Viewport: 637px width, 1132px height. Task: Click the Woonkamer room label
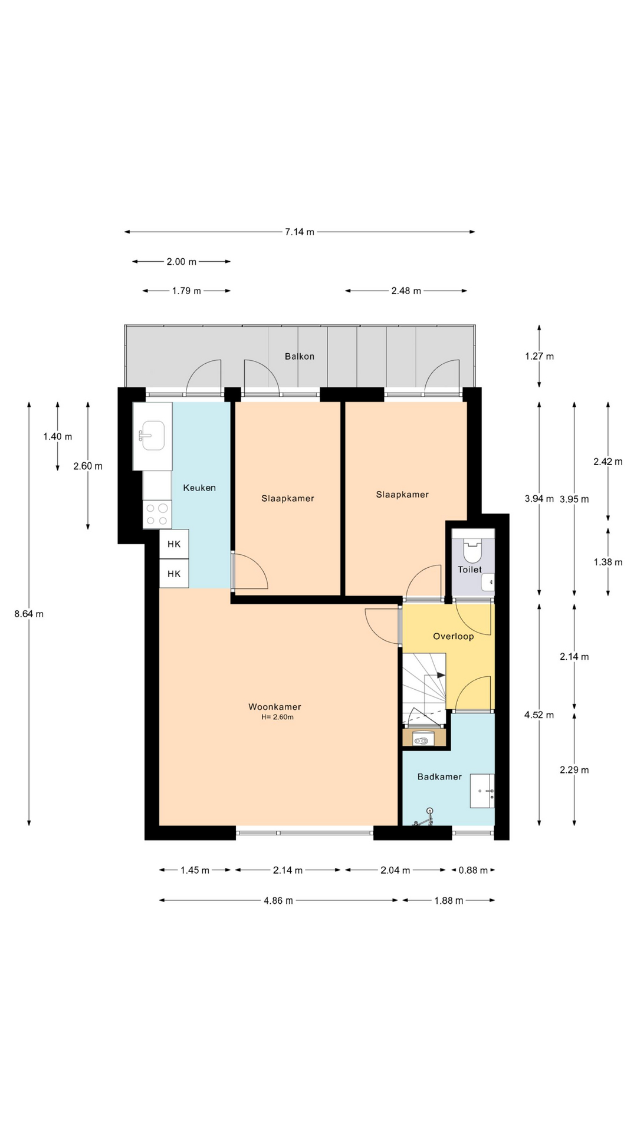[x=275, y=706]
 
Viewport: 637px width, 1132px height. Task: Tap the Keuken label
[x=199, y=488]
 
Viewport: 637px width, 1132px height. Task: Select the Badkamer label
[x=439, y=776]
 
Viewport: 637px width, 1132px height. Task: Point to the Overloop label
[x=454, y=636]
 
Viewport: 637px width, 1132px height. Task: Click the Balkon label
[x=300, y=356]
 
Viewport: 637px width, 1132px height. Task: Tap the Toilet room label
[x=470, y=570]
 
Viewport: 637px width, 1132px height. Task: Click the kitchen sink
[x=153, y=436]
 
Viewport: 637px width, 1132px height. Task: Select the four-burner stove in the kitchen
[x=157, y=514]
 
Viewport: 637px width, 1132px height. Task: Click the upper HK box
[x=174, y=544]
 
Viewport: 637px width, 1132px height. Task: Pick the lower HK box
[x=174, y=574]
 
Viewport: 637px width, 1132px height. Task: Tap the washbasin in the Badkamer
[x=482, y=791]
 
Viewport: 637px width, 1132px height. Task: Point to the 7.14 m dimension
[x=300, y=232]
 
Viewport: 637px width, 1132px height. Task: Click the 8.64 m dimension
[x=29, y=614]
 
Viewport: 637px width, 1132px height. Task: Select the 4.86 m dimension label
[x=278, y=900]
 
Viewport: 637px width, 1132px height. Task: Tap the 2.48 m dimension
[x=406, y=291]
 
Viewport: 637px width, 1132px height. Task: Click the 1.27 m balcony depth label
[x=540, y=356]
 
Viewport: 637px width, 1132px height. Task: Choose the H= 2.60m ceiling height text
[x=278, y=717]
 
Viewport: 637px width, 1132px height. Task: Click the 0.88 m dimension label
[x=473, y=870]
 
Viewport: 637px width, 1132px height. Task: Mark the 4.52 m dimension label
[x=540, y=715]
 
